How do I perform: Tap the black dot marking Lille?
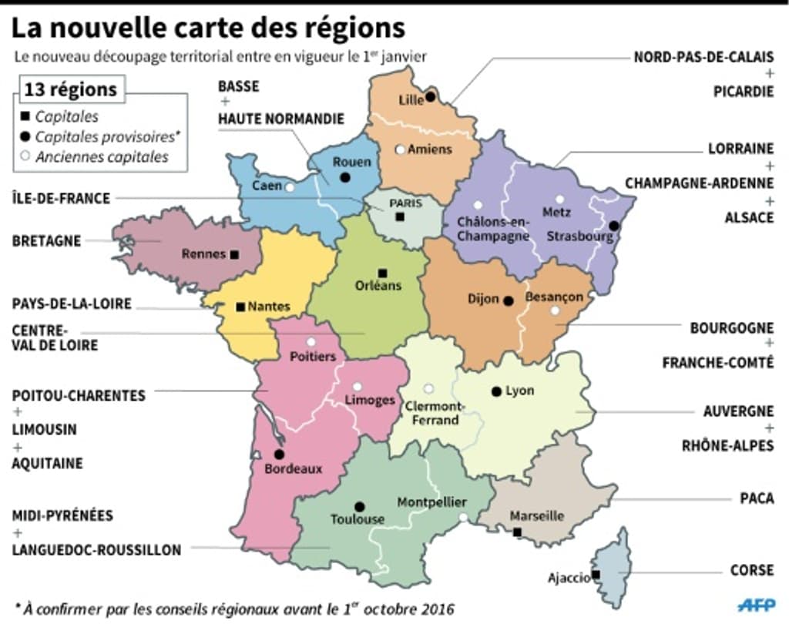[431, 97]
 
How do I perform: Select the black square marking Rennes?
[234, 253]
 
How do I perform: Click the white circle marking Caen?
[290, 187]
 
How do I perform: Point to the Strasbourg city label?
[580, 237]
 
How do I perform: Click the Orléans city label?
[379, 286]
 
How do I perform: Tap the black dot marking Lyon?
[496, 391]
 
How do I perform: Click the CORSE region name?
[751, 571]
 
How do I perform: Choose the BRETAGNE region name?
[46, 241]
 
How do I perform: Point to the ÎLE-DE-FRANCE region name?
[61, 199]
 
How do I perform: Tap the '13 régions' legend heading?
[71, 90]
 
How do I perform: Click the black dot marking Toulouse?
[359, 506]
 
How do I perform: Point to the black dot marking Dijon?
[508, 300]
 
